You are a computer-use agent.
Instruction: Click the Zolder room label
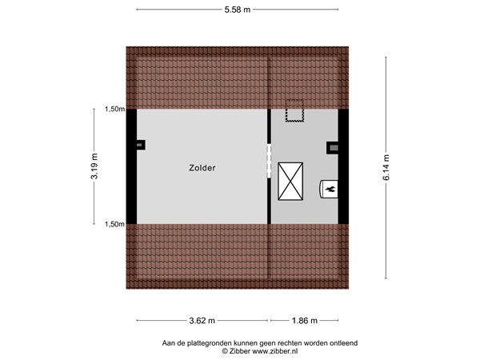pyautogui.click(x=202, y=168)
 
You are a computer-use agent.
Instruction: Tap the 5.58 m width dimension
pyautogui.click(x=236, y=10)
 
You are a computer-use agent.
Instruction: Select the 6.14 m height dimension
pyautogui.click(x=386, y=167)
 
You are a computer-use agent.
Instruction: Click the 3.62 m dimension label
pyautogui.click(x=202, y=321)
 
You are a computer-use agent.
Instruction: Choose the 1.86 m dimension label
pyautogui.click(x=304, y=321)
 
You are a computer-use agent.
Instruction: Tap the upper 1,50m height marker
pyautogui.click(x=114, y=110)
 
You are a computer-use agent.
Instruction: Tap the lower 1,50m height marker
pyautogui.click(x=114, y=225)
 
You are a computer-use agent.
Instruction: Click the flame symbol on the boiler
pyautogui.click(x=329, y=189)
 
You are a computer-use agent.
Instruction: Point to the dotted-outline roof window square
pyautogui.click(x=296, y=110)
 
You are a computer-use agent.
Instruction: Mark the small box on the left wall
pyautogui.click(x=141, y=145)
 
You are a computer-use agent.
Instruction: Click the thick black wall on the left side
pyautogui.click(x=132, y=166)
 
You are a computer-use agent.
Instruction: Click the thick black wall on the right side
pyautogui.click(x=343, y=166)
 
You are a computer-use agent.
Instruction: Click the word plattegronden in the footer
pyautogui.click(x=209, y=342)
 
